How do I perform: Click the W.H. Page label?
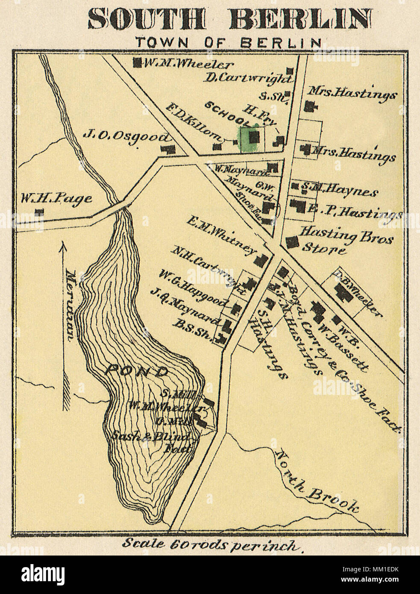click(56, 198)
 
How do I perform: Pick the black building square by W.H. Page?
click(40, 212)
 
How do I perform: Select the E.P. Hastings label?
click(355, 210)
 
